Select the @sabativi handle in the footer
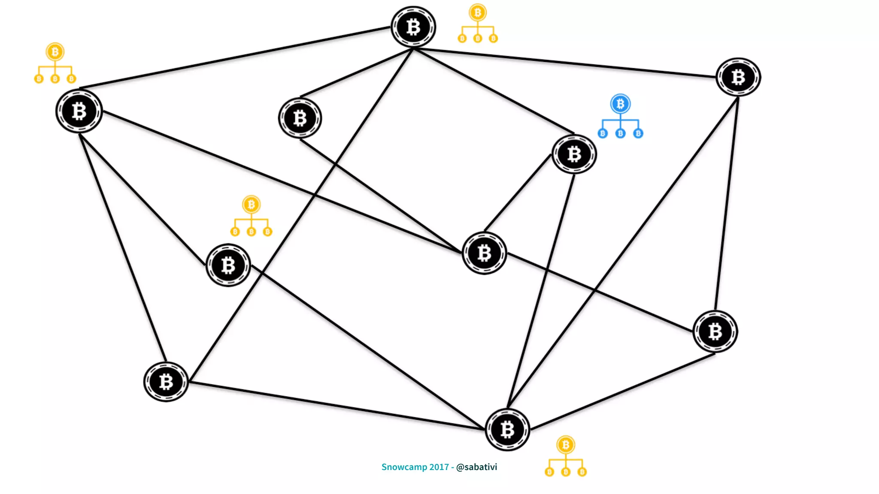(476, 467)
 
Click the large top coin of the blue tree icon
(620, 104)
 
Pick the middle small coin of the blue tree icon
(620, 133)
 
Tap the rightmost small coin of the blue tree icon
(638, 133)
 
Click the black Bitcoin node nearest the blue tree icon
(574, 154)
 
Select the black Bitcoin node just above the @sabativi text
(507, 429)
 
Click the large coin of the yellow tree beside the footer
(566, 445)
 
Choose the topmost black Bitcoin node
(413, 27)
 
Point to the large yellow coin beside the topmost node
(478, 12)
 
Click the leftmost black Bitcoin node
(79, 111)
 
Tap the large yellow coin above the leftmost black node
(55, 52)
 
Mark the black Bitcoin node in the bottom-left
(166, 382)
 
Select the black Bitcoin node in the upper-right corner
(738, 77)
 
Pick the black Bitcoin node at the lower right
(715, 331)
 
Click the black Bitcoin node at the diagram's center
(484, 253)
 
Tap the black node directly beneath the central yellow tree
(228, 265)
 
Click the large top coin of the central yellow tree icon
(252, 205)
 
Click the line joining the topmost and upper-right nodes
(567, 63)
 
